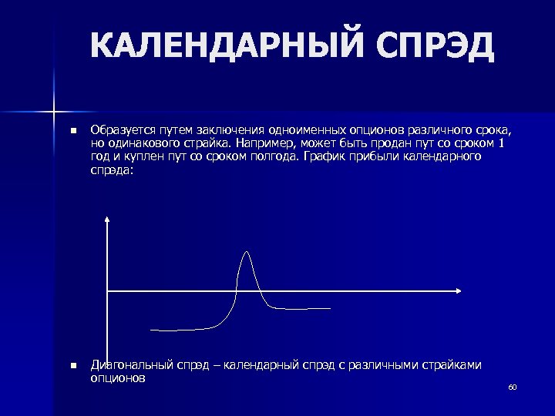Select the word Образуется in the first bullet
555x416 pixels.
coord(118,128)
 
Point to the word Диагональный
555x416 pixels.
coord(125,364)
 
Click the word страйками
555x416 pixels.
coord(449,364)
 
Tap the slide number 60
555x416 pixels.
coord(512,387)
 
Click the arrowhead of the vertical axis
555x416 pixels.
coord(107,220)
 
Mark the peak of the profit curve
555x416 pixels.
coord(247,252)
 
